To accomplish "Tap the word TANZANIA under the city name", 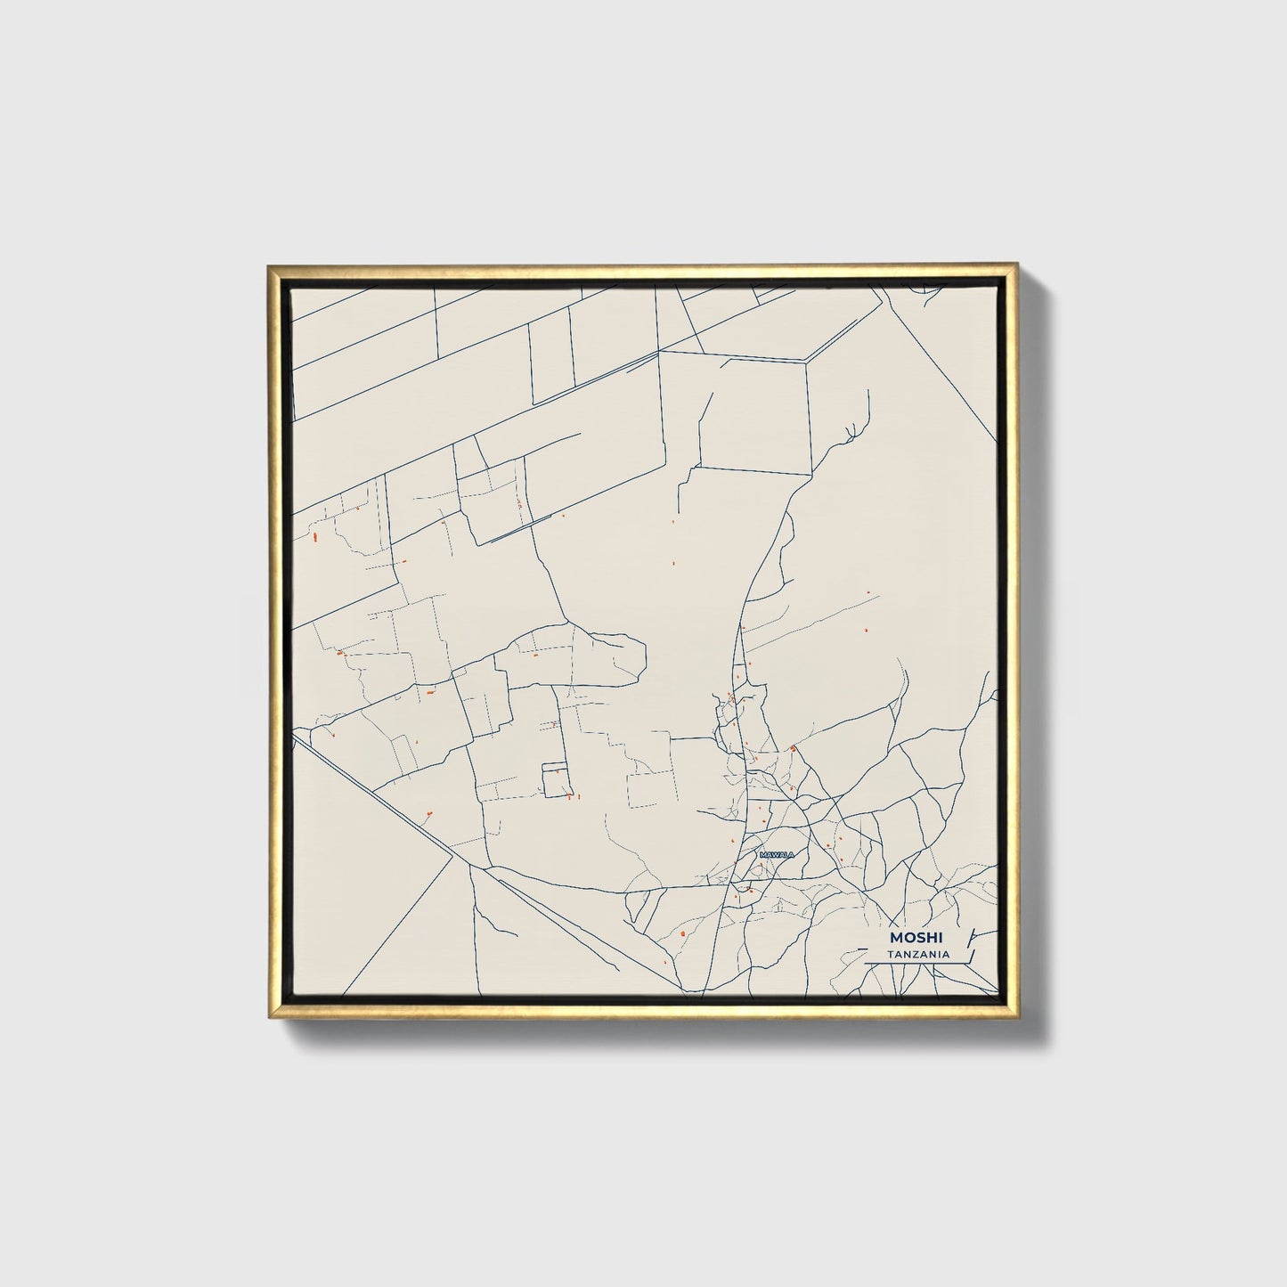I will tap(917, 955).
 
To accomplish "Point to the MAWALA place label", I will tap(776, 855).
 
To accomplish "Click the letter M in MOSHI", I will tap(893, 938).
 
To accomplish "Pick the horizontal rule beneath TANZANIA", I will tap(917, 964).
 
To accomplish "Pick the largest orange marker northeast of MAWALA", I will tap(792, 749).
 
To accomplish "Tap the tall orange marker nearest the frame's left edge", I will tap(316, 537).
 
